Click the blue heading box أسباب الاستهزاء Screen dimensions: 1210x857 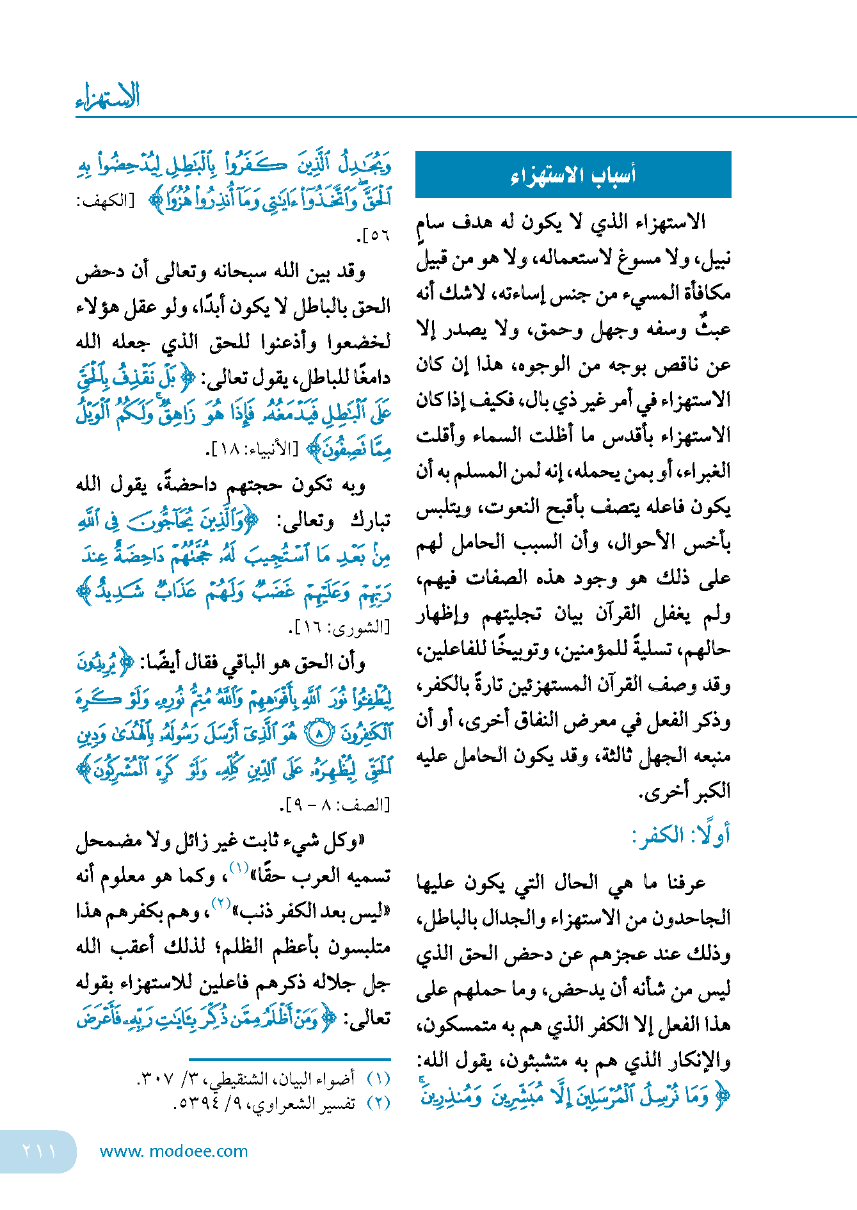pyautogui.click(x=573, y=175)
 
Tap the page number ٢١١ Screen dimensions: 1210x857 pyautogui.click(x=38, y=1151)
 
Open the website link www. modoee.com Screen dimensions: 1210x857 pyautogui.click(x=174, y=1151)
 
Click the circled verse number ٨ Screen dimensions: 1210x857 pyautogui.click(x=319, y=732)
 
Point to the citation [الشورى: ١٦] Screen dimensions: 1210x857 pyautogui.click(x=339, y=628)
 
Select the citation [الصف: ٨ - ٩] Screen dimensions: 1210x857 pyautogui.click(x=337, y=805)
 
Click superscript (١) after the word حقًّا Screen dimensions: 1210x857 pyautogui.click(x=239, y=869)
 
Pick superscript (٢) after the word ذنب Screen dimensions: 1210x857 pyautogui.click(x=221, y=904)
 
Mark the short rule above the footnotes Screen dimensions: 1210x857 pyautogui.click(x=289, y=1060)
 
